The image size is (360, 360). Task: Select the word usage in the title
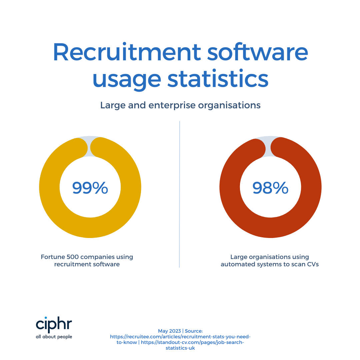(x=125, y=79)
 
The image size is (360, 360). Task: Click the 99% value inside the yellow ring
(x=90, y=188)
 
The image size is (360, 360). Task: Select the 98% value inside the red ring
(x=270, y=188)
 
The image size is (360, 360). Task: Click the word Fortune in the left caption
(x=52, y=257)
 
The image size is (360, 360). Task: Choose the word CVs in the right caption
(x=311, y=265)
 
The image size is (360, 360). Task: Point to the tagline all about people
(x=54, y=337)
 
